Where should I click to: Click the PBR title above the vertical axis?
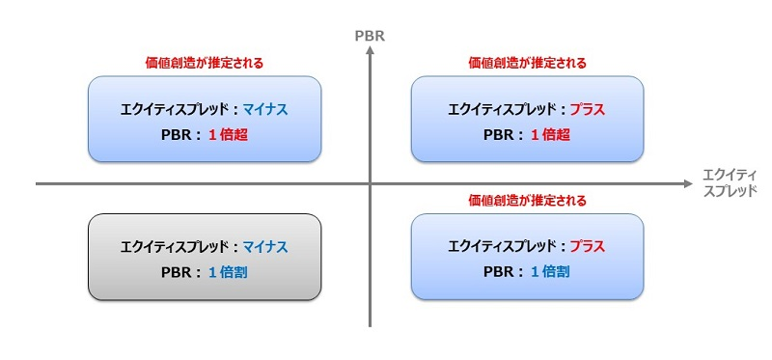coord(370,37)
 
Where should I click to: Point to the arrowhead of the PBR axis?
coord(370,52)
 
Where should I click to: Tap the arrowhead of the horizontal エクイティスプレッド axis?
coord(687,183)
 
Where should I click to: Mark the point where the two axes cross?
coord(370,183)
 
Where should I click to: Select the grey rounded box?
coord(204,257)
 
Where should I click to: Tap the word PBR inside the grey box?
coord(176,272)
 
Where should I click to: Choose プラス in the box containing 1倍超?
coord(587,110)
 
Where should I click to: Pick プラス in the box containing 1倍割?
coord(587,246)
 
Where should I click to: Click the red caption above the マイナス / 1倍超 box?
coord(204,63)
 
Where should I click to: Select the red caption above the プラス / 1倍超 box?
coord(527,63)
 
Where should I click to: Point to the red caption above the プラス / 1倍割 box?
coord(527,200)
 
